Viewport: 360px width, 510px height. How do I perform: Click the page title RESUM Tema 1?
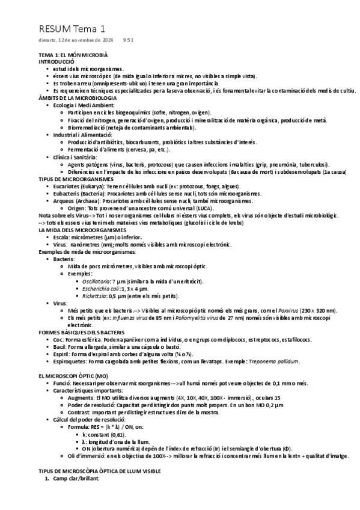[x=72, y=28]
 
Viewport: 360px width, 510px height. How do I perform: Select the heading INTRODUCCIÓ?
[x=56, y=61]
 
